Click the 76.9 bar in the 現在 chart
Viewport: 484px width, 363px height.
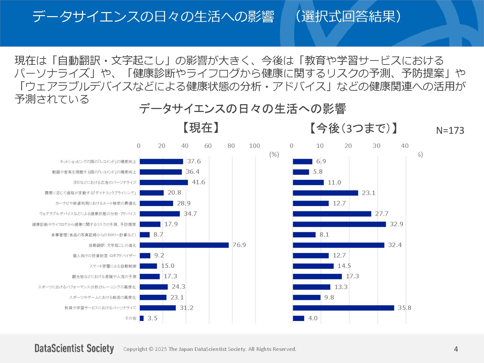pos(184,245)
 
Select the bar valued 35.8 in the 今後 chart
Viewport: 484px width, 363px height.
pos(343,308)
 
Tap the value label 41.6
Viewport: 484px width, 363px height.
pos(198,182)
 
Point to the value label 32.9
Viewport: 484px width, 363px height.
pos(396,224)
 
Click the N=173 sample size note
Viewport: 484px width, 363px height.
pos(450,130)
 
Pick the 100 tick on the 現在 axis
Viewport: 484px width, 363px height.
pos(254,146)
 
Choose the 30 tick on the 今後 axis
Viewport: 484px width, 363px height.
pos(376,146)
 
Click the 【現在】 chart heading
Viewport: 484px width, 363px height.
pos(201,128)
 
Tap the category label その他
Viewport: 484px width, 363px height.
pos(131,318)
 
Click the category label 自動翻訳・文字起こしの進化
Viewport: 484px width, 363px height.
pos(113,245)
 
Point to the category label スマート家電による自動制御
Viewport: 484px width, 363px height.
pos(113,266)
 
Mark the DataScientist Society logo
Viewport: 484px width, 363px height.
pos(74,349)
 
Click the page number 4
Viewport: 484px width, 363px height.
pos(456,349)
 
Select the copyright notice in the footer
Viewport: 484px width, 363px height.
pos(210,349)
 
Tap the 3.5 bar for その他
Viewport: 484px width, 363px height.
pos(142,318)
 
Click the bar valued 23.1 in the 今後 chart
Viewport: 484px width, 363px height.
pos(325,193)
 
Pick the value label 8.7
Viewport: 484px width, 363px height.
pos(158,235)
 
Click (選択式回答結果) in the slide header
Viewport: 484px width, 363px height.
pos(348,16)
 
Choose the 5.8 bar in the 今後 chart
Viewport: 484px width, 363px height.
pos(301,172)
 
